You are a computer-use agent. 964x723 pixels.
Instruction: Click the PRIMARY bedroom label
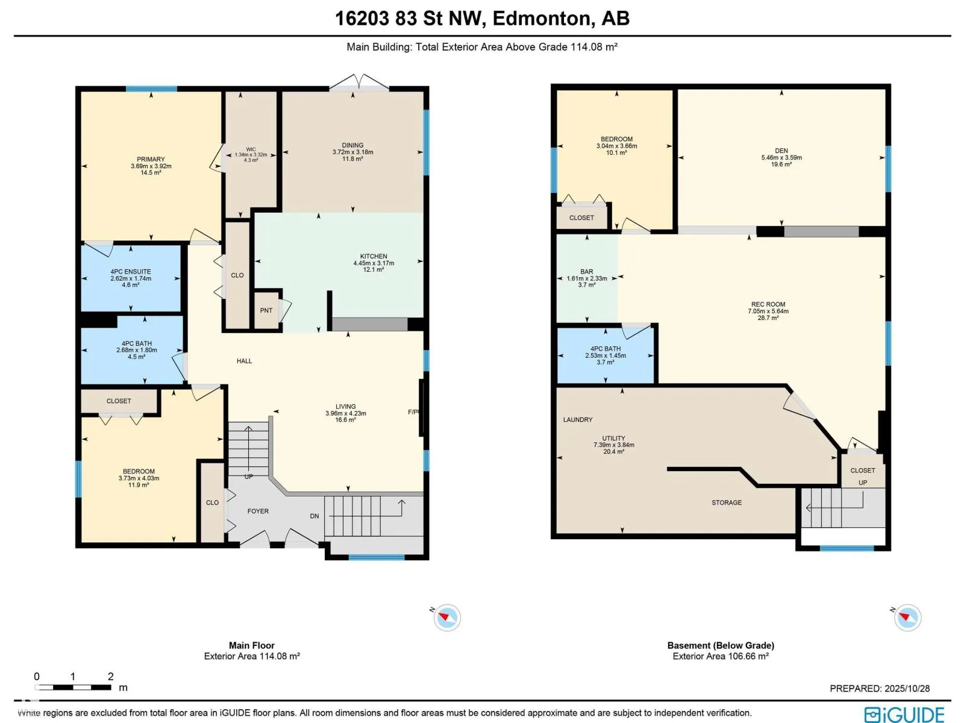[x=151, y=159]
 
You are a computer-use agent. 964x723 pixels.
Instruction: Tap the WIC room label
[x=251, y=149]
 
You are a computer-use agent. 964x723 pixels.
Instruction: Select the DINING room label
[x=352, y=145]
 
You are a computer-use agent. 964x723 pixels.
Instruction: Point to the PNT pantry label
[x=266, y=310]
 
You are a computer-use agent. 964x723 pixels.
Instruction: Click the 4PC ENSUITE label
[x=130, y=272]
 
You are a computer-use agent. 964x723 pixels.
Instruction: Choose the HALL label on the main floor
[x=244, y=361]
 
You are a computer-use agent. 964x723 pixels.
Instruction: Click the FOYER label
[x=258, y=511]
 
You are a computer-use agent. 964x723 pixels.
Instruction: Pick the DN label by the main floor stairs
[x=315, y=516]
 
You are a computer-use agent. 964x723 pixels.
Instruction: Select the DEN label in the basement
[x=781, y=151]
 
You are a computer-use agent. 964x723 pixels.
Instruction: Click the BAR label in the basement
[x=587, y=272]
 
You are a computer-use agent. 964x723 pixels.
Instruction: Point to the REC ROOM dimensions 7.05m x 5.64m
[x=768, y=311]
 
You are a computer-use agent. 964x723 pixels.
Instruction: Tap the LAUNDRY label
[x=578, y=420]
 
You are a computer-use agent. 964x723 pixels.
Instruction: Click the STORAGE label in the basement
[x=727, y=502]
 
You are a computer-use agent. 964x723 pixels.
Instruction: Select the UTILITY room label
[x=613, y=438]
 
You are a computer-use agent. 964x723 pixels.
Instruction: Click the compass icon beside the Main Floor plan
[x=446, y=617]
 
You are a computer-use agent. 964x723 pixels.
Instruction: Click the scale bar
[x=73, y=687]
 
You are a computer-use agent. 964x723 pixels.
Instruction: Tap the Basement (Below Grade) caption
[x=721, y=645]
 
